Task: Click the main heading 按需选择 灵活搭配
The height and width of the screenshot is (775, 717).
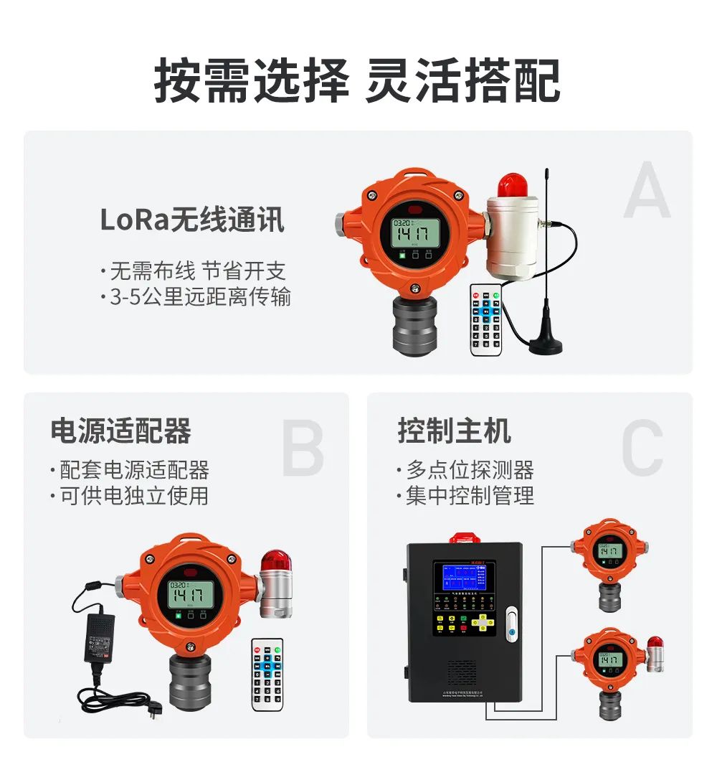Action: point(357,81)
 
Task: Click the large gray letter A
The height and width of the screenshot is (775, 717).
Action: point(647,190)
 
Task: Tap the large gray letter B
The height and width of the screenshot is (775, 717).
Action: point(303,450)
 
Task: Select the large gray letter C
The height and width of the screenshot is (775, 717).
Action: point(642,450)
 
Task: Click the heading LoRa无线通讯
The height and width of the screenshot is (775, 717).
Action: point(192,220)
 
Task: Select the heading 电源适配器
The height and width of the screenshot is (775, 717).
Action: point(120,431)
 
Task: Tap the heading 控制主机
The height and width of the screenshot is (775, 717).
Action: point(455,431)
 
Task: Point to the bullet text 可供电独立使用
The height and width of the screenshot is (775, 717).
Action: point(130,495)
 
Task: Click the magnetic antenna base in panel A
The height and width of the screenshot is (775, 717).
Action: point(546,345)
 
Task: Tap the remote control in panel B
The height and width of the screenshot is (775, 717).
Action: point(267,675)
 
